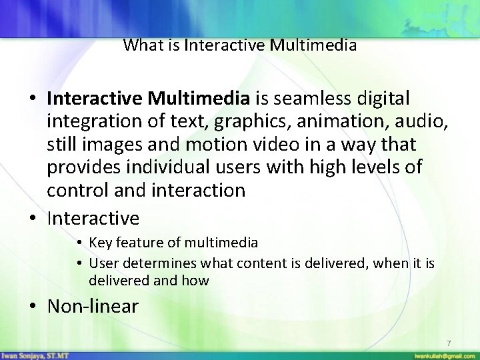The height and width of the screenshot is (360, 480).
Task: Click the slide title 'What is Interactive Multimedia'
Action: click(240, 45)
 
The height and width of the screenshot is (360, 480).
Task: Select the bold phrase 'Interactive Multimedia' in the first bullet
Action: click(148, 99)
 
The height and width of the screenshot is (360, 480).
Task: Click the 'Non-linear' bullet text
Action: click(93, 306)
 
